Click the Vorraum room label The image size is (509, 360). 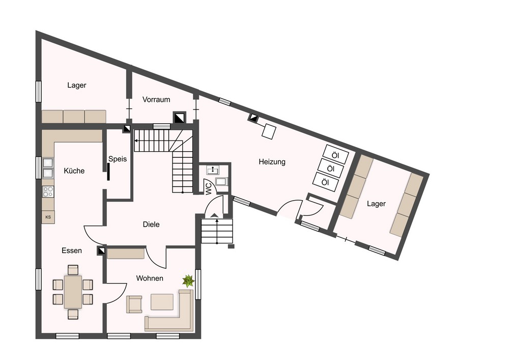(x=156, y=100)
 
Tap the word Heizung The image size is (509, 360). (x=272, y=161)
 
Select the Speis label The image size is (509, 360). (x=118, y=159)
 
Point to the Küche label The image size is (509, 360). (x=74, y=171)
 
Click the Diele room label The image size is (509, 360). (x=151, y=225)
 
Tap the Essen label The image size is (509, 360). (x=72, y=251)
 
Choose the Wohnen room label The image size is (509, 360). (x=150, y=278)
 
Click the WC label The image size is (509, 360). (x=209, y=189)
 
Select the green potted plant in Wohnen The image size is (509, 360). (x=188, y=281)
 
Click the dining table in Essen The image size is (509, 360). (x=73, y=291)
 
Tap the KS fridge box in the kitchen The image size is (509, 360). (x=48, y=217)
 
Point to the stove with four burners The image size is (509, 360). (x=48, y=191)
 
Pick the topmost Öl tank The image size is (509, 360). (x=335, y=155)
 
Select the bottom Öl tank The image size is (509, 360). (x=325, y=182)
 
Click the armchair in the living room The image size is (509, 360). (x=134, y=304)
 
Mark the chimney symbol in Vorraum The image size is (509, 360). (x=179, y=118)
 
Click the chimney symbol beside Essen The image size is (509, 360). (x=102, y=251)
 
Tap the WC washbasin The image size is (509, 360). (x=213, y=170)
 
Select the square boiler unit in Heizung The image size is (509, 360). (x=269, y=132)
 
